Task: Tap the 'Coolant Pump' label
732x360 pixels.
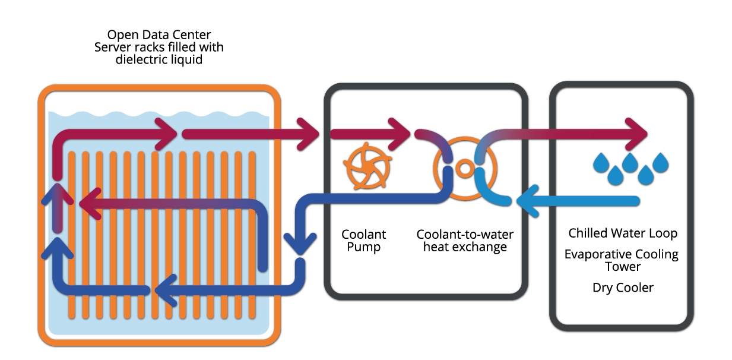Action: coord(364,241)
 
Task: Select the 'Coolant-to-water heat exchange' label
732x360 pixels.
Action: coord(465,241)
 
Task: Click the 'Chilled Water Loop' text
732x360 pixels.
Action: coord(622,233)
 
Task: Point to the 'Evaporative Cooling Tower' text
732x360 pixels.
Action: coord(621,260)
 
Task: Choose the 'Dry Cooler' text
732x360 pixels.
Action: coord(623,288)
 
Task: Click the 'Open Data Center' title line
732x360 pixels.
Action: coord(159,34)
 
